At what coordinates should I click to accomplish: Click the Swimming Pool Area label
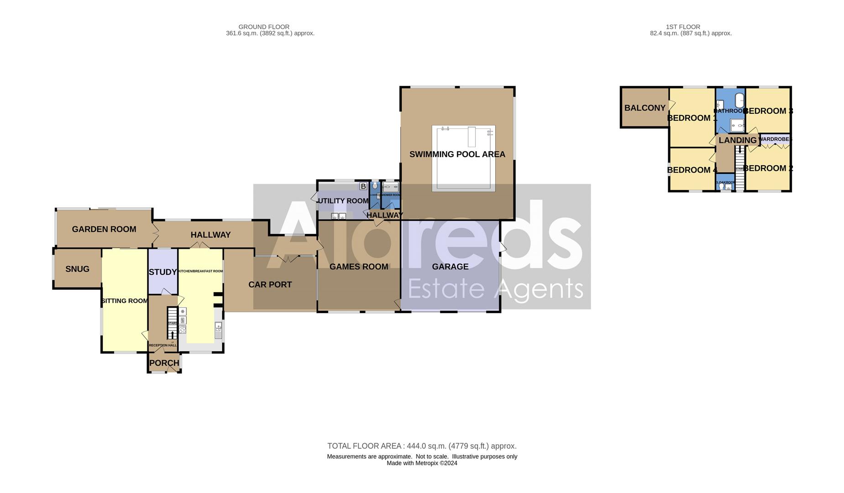[x=457, y=154]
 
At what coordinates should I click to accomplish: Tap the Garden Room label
[x=104, y=229]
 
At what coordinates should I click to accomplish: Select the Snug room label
[x=77, y=269]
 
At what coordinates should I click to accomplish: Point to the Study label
[x=163, y=272]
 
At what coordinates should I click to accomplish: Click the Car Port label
[x=270, y=284]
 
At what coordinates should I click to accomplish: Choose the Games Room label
[x=359, y=267]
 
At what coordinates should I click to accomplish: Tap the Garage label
[x=450, y=267]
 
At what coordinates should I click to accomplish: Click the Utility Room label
[x=343, y=201]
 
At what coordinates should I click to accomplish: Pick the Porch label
[x=164, y=363]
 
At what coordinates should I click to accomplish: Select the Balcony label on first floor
[x=645, y=108]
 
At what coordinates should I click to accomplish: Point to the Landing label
[x=737, y=140]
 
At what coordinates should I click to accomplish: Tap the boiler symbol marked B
[x=363, y=186]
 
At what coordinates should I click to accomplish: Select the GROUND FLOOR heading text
[x=264, y=27]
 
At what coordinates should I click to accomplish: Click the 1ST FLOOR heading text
[x=683, y=27]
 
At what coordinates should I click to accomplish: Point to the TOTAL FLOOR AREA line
[x=422, y=446]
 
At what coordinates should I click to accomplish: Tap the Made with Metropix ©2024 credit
[x=422, y=463]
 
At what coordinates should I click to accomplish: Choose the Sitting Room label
[x=125, y=301]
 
